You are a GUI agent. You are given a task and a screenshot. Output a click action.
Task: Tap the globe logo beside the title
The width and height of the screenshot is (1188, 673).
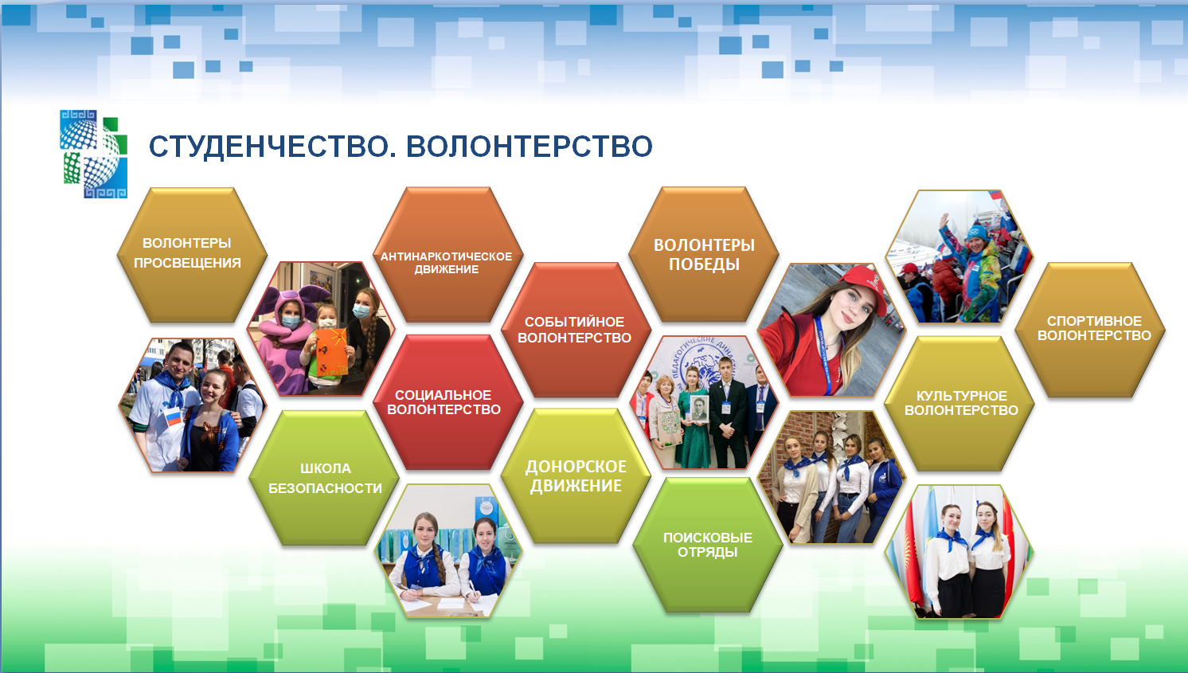(x=94, y=154)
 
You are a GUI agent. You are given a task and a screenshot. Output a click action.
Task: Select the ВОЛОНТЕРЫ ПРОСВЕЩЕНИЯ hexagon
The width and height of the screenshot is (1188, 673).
(x=191, y=255)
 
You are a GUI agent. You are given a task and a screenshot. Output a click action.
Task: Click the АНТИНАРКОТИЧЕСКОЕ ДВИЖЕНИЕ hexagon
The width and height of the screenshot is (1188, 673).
(x=447, y=255)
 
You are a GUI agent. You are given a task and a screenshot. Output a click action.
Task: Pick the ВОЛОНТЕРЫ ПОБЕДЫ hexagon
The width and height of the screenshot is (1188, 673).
(x=703, y=255)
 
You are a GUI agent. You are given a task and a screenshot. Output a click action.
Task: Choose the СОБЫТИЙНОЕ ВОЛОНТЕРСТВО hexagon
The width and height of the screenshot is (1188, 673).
(x=576, y=330)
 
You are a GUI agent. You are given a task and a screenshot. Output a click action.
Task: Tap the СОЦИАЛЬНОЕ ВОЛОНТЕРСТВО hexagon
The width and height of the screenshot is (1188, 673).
(x=447, y=402)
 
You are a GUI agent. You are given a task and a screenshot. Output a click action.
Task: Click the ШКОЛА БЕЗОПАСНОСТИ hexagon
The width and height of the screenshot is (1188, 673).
(x=323, y=478)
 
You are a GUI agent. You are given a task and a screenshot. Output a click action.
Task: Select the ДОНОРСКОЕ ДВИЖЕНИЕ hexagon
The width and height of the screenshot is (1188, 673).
(x=576, y=475)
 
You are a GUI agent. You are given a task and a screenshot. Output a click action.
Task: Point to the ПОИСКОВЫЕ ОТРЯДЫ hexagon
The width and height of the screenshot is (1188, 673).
(x=708, y=545)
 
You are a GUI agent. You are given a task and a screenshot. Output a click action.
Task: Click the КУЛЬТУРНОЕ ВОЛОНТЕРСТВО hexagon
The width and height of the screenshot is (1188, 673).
(x=959, y=404)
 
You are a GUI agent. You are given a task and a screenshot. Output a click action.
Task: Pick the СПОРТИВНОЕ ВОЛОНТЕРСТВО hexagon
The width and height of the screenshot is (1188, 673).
(x=1090, y=330)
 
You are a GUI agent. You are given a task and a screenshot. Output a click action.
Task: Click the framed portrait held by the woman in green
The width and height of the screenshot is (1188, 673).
(x=699, y=409)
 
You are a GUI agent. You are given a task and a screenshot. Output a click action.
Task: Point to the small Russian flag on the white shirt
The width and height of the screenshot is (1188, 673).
(x=174, y=417)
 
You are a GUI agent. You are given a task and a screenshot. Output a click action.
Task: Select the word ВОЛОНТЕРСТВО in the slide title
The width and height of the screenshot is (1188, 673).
(x=530, y=147)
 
